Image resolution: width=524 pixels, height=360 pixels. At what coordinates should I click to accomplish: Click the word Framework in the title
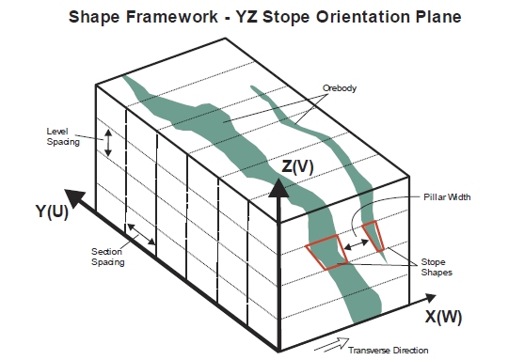[x=172, y=17]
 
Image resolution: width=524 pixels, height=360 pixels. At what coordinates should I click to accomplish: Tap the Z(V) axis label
[x=297, y=166]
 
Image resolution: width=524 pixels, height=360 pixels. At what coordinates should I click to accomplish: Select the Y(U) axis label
[x=52, y=211]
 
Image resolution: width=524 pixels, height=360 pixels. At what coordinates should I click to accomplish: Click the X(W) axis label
[x=443, y=317]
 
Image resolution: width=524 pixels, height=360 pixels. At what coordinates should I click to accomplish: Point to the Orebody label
[x=340, y=88]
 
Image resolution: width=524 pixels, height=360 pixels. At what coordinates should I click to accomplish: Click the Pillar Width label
[x=447, y=197]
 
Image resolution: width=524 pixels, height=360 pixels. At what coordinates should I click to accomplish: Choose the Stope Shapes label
[x=437, y=267]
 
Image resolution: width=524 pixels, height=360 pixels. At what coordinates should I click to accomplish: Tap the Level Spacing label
[x=63, y=136]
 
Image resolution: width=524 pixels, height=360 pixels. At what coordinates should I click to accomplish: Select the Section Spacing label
[x=107, y=257]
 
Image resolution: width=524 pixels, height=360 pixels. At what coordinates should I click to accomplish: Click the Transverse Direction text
[x=388, y=351]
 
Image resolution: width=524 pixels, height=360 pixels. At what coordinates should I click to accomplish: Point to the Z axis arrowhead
[x=278, y=188]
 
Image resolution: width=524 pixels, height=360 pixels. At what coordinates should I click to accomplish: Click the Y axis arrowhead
[x=74, y=197]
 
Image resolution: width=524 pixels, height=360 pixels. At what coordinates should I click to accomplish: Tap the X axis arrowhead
[x=429, y=298]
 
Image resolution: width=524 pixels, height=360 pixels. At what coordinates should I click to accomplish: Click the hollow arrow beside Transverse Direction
[x=331, y=345]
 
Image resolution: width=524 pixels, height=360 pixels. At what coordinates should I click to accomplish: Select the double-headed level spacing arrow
[x=108, y=143]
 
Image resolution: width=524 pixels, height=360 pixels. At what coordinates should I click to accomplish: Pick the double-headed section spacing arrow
[x=141, y=234]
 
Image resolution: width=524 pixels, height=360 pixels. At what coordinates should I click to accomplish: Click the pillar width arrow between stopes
[x=357, y=244]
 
